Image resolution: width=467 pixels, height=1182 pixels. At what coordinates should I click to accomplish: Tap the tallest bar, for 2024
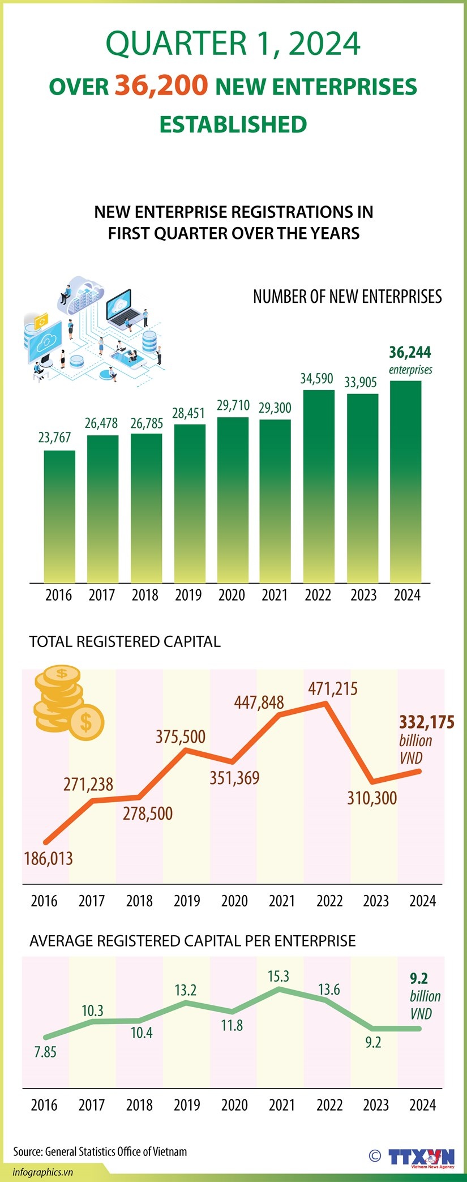coord(406,481)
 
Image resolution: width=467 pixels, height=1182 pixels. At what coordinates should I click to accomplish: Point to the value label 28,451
coord(188,413)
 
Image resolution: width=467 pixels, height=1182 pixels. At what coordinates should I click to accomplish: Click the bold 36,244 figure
coord(410,353)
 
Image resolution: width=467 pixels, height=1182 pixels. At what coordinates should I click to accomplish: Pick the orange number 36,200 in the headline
coord(161,85)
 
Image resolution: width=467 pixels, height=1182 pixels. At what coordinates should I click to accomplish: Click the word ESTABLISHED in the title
coord(233,125)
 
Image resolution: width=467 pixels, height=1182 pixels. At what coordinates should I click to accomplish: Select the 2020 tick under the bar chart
coord(232,595)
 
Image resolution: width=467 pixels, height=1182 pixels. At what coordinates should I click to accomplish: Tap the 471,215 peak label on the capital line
coord(333,688)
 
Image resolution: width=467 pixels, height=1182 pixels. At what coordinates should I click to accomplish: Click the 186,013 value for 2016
coord(48,858)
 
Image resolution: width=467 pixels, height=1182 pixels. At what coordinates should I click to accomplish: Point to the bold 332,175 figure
coord(426,722)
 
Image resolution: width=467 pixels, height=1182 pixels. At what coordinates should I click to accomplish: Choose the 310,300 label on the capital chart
coord(372,798)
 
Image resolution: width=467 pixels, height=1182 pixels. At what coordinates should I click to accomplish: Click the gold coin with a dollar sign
coord(85,722)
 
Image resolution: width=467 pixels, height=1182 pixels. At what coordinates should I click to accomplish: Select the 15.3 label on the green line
coord(279,976)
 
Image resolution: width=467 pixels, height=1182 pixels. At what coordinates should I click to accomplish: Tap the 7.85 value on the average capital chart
coord(45,1052)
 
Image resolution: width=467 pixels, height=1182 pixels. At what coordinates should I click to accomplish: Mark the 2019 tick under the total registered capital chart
coord(187,901)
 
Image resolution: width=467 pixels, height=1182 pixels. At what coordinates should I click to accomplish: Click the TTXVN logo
coord(421,1157)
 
